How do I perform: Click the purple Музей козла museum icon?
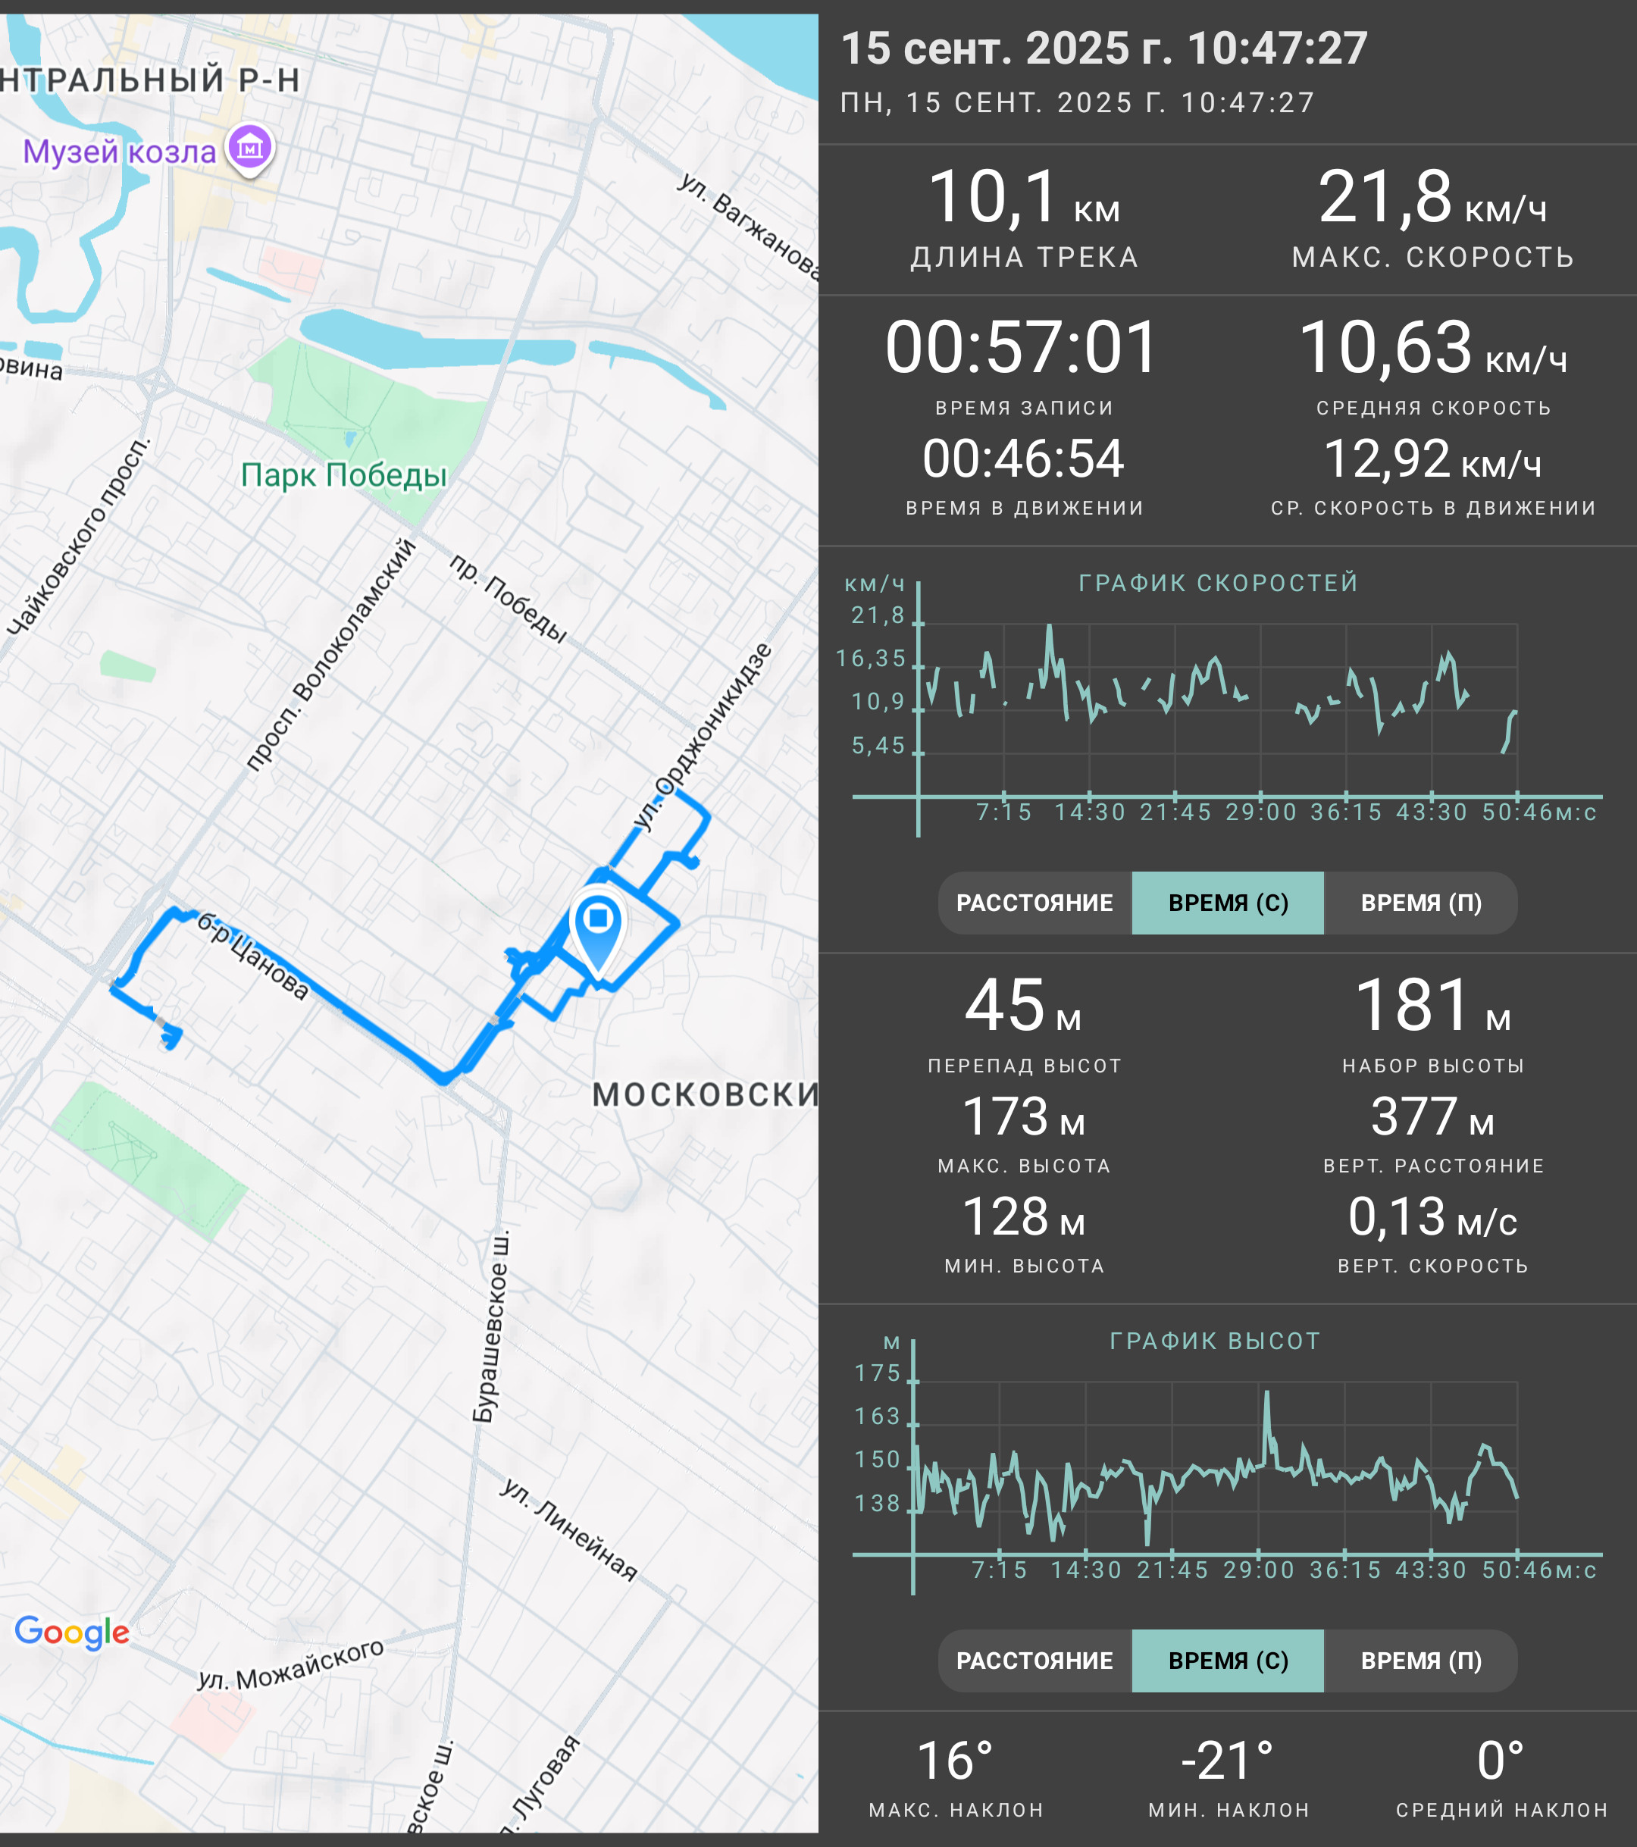(x=250, y=146)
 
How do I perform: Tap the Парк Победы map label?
(x=344, y=475)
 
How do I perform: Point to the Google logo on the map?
(x=72, y=1632)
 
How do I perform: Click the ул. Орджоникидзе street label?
(x=702, y=737)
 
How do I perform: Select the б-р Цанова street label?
(x=253, y=955)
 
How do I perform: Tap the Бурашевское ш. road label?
(x=490, y=1326)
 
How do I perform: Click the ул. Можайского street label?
(x=291, y=1664)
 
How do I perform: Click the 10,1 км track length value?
(x=1024, y=198)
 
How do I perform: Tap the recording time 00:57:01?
(x=1022, y=348)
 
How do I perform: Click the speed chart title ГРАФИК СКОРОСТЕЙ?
(x=1219, y=583)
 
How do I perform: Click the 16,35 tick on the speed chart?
(x=871, y=659)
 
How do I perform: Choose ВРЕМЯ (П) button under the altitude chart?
(x=1421, y=1661)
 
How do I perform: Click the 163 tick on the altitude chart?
(x=878, y=1416)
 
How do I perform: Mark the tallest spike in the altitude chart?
(x=1266, y=1392)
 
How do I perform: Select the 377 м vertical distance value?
(x=1433, y=1117)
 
